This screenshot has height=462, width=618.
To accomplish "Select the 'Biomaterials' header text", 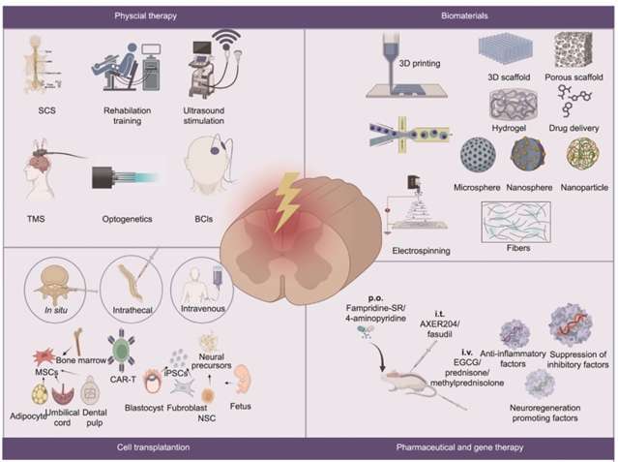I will (x=459, y=16).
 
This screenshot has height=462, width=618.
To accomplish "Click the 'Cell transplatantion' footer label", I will (x=153, y=447).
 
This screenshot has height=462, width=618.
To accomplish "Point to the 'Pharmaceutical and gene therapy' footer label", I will (x=459, y=447).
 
